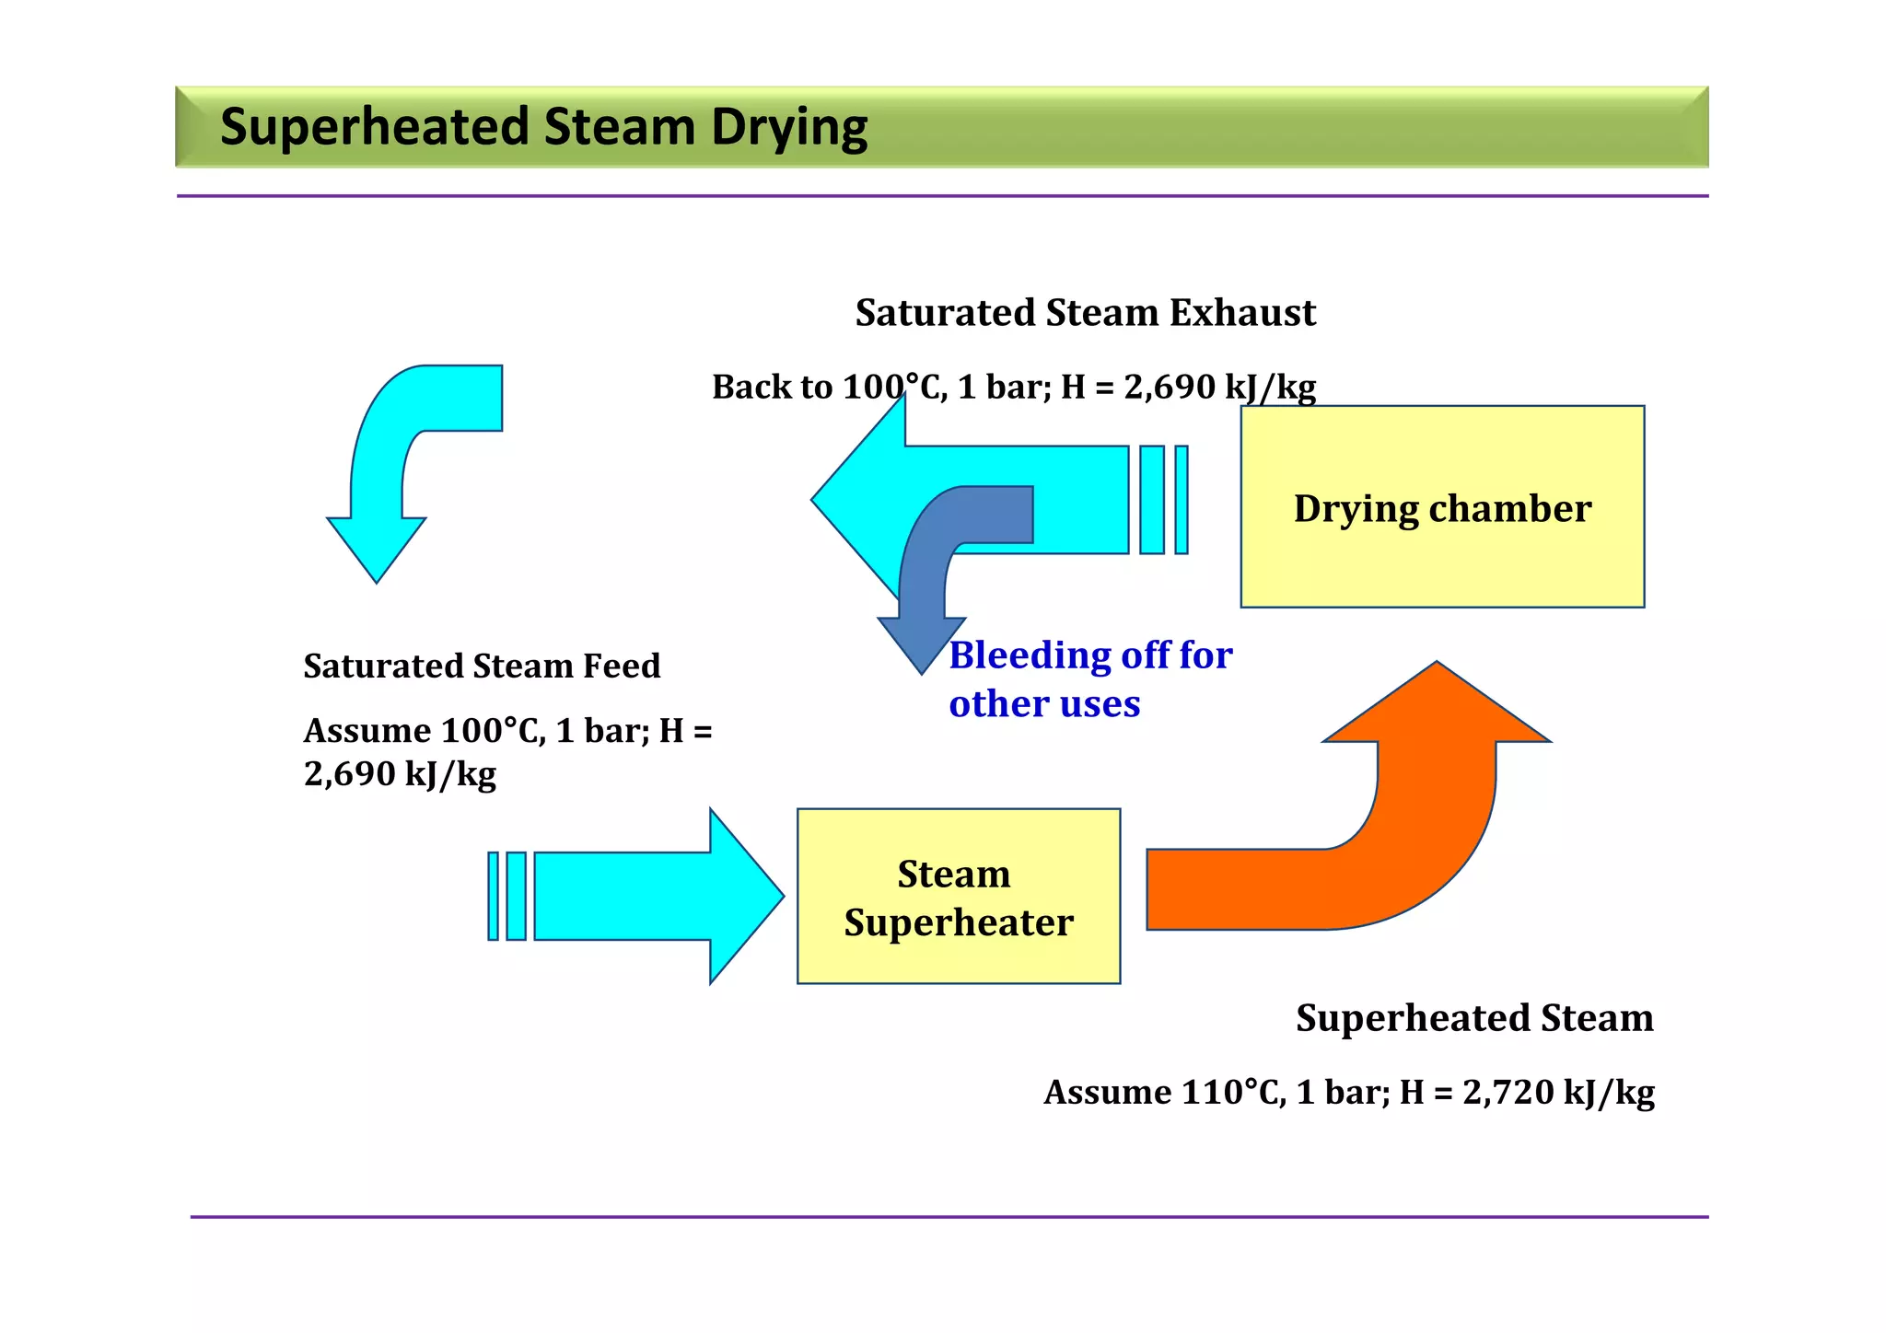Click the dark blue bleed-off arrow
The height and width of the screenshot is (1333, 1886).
pos(921,589)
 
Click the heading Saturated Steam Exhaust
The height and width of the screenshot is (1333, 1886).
pos(1085,313)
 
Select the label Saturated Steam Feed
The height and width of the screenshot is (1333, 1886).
pos(482,666)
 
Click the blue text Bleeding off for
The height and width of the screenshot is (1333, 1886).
pos(1090,655)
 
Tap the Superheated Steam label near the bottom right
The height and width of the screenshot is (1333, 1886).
pos(1474,1018)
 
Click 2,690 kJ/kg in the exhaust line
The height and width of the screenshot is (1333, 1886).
pos(1219,388)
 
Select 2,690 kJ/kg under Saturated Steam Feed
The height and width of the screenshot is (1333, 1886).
pos(400,774)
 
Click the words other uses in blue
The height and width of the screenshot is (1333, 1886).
pos(1044,704)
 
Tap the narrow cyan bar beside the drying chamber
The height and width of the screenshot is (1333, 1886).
pos(1182,500)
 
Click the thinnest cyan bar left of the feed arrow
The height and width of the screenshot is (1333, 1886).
pos(494,896)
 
